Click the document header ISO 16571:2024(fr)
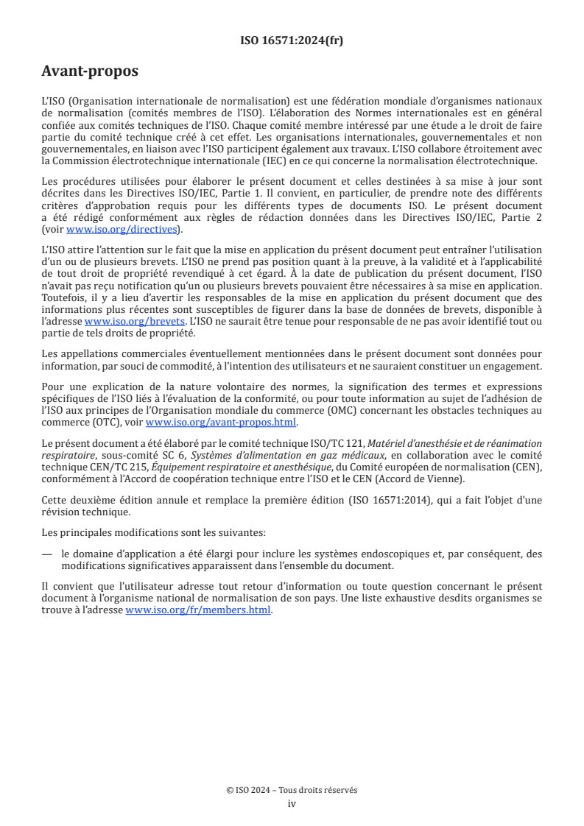(x=292, y=40)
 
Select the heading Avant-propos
(x=90, y=71)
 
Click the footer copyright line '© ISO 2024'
(x=292, y=790)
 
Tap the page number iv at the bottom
(x=292, y=803)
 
